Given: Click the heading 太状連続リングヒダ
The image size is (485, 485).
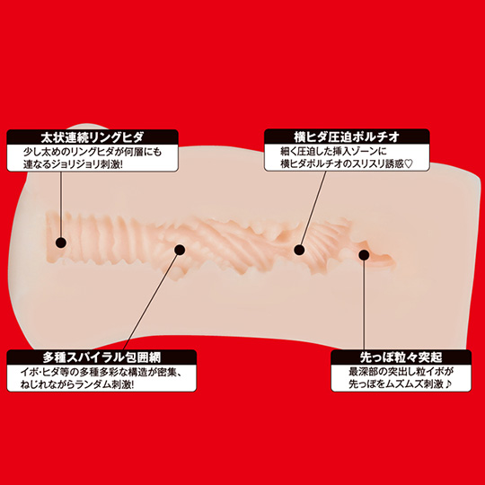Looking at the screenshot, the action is (x=93, y=137).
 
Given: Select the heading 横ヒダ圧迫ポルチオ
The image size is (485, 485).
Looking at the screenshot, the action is (x=347, y=137).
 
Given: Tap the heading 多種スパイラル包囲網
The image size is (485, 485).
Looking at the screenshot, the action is (x=101, y=357).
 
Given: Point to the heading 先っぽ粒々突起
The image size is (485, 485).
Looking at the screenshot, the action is (x=401, y=357).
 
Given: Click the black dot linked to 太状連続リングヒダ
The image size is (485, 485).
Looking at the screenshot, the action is (x=61, y=242).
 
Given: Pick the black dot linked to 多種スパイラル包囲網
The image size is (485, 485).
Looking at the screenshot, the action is (x=180, y=250).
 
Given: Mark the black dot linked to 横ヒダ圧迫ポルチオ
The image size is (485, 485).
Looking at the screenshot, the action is (x=299, y=250).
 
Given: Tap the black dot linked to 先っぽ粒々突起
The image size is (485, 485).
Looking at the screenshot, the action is (x=364, y=254).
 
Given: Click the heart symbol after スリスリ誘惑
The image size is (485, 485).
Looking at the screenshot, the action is (x=409, y=163).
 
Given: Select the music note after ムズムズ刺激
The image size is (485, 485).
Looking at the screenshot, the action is (x=448, y=384).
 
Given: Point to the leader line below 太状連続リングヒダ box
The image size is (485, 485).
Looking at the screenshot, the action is (x=61, y=205).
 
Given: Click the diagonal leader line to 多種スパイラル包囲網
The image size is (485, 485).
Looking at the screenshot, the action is (x=152, y=300).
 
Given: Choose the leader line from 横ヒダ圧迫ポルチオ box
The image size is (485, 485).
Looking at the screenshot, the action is (x=313, y=207).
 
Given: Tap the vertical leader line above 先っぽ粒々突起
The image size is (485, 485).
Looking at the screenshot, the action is (x=364, y=304).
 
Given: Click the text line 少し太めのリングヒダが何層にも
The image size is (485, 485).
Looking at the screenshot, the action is (x=93, y=152).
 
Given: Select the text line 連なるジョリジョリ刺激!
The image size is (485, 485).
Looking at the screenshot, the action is (x=74, y=164).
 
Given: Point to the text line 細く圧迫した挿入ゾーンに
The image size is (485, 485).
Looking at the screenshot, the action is (x=333, y=152).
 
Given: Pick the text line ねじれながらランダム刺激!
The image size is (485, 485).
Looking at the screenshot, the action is (x=77, y=384).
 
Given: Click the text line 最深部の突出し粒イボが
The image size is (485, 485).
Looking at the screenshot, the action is (x=401, y=372).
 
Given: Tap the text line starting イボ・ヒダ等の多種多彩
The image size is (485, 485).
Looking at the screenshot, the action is (x=101, y=372).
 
